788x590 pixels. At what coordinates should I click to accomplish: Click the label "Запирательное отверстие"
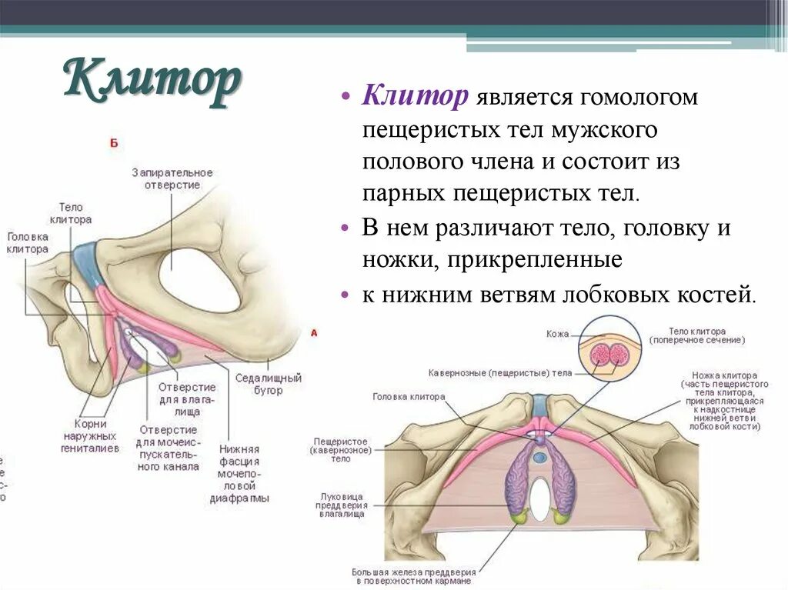click(x=172, y=178)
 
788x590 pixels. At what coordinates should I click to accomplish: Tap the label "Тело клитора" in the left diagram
click(x=75, y=213)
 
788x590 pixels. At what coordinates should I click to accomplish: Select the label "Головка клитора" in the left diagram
click(x=27, y=243)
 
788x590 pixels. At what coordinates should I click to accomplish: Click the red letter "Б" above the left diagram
click(x=114, y=143)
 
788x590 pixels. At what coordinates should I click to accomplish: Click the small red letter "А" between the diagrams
click(x=313, y=333)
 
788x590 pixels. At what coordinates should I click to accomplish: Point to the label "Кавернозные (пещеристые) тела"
click(x=499, y=372)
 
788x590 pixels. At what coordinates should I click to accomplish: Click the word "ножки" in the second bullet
click(x=397, y=261)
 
